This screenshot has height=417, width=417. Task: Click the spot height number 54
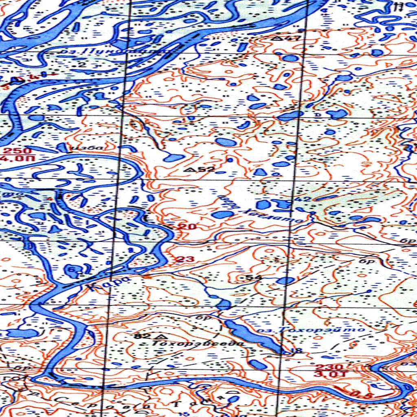pyautogui.click(x=252, y=277)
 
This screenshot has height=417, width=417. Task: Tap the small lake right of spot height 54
pyautogui.click(x=285, y=280)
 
